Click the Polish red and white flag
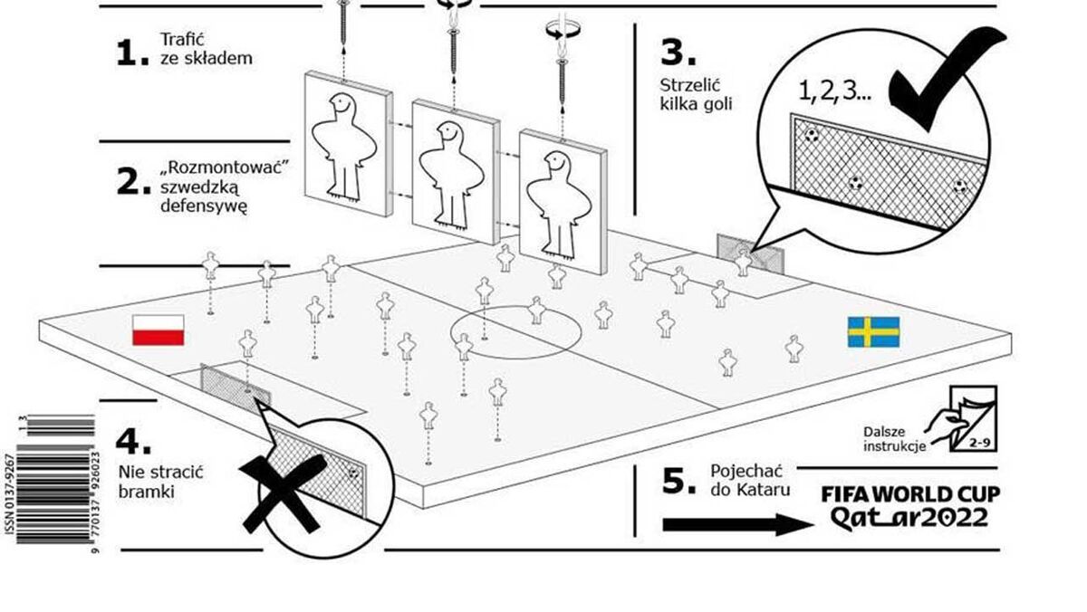coord(159,330)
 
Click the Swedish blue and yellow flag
coord(873,331)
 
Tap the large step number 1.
coord(131,53)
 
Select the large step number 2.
coord(132,182)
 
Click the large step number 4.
coord(132,442)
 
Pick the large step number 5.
coord(678,482)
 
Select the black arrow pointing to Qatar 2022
coord(733,525)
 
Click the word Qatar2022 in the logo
coord(908,517)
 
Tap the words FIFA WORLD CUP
coord(909,494)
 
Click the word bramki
coord(145,492)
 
